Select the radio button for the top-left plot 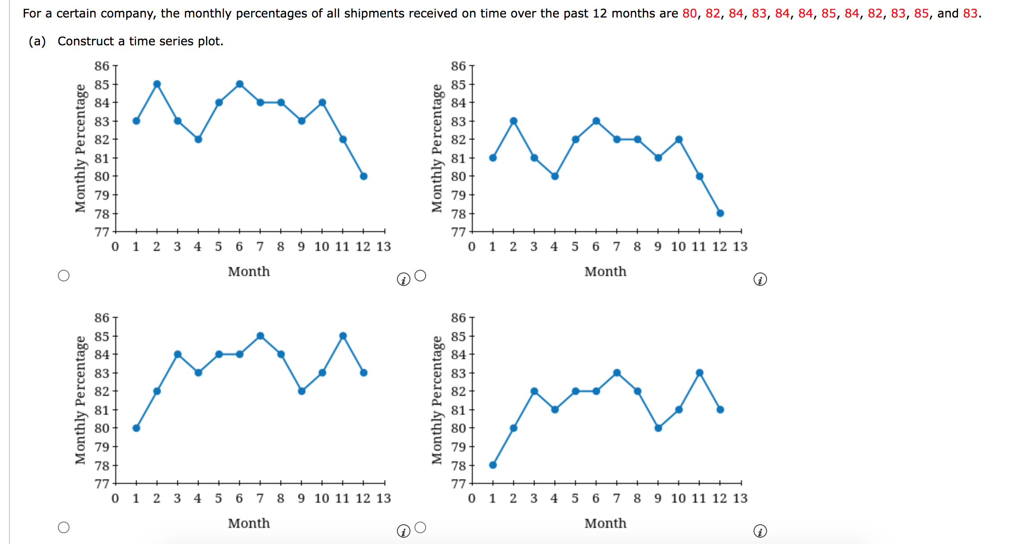click(x=64, y=276)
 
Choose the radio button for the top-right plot click(x=420, y=276)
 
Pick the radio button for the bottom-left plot click(x=64, y=527)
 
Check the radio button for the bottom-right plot click(x=420, y=527)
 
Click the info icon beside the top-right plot click(x=760, y=280)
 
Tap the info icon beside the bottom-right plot click(x=760, y=531)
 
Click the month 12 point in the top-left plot click(x=364, y=176)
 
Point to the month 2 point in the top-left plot click(x=157, y=84)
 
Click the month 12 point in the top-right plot click(x=720, y=213)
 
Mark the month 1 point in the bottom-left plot click(x=136, y=428)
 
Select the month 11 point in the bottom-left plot click(x=343, y=336)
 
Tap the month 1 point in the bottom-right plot click(x=493, y=465)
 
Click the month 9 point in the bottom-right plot click(x=658, y=428)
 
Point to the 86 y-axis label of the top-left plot click(x=102, y=66)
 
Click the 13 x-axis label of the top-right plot click(x=740, y=246)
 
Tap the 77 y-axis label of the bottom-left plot click(x=102, y=484)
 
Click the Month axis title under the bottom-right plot click(x=605, y=523)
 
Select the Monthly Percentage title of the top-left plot click(x=80, y=148)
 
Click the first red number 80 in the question click(x=689, y=13)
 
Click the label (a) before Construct click(x=37, y=41)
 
